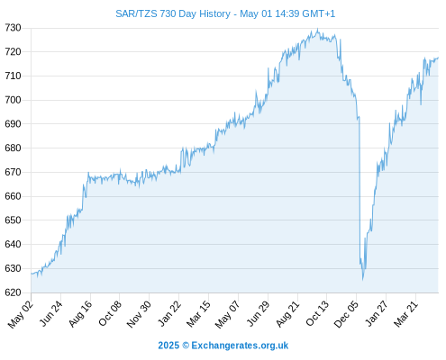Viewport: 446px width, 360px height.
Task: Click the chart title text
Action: tap(225, 13)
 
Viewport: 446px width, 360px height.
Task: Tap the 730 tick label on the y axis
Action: tap(13, 28)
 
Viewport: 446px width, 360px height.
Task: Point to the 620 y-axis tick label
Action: tap(13, 292)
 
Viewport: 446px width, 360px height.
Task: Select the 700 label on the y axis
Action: tap(13, 100)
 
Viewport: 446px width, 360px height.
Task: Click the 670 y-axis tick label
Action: tap(13, 172)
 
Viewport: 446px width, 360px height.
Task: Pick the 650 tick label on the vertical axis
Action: tap(13, 220)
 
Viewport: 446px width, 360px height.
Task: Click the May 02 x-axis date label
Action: tap(20, 314)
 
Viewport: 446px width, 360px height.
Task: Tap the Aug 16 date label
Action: tap(80, 313)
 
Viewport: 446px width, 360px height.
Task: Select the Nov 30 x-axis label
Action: tap(139, 314)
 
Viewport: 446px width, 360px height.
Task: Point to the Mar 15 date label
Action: tap(198, 313)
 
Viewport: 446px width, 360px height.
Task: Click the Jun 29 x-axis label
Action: tap(258, 313)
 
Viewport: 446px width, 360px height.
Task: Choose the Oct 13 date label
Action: tap(317, 313)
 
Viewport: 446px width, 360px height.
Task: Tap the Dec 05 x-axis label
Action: tap(346, 314)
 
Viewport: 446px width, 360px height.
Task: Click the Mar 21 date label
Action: tap(405, 313)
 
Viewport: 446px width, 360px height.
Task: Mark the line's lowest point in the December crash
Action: tap(363, 280)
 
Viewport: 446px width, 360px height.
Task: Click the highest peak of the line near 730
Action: tap(318, 29)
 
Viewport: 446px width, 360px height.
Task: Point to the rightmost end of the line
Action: tap(438, 58)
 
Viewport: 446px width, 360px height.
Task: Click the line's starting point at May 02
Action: tap(32, 274)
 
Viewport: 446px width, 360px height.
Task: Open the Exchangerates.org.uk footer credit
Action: tap(223, 346)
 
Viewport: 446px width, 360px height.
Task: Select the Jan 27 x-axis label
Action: tap(376, 313)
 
